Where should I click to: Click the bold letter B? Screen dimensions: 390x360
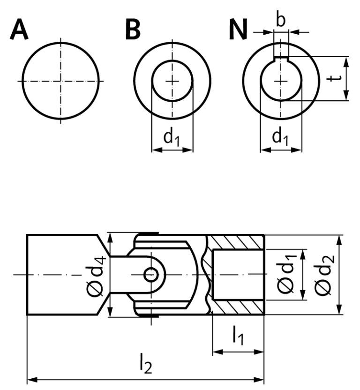pos(133,31)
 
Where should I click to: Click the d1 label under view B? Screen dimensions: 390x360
pos(172,137)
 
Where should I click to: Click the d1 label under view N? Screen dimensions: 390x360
pos(281,137)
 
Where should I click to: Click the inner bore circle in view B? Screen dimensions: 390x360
pos(172,81)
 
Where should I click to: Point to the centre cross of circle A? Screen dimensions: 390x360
pos(60,81)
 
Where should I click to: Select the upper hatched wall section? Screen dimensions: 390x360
pos(237,242)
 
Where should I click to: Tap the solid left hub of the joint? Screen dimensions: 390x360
pos(61,275)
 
